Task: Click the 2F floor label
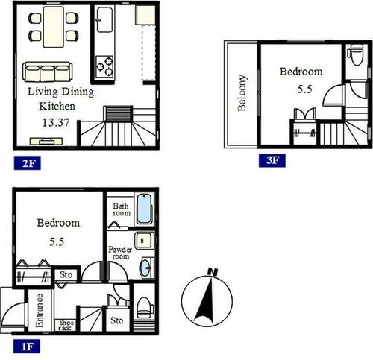coord(28,163)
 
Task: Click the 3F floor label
coord(272,160)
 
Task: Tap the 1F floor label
coord(27,347)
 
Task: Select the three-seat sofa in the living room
coord(48,72)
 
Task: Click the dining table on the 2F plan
coord(54,27)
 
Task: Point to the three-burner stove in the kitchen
coord(104,66)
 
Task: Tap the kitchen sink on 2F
coord(104,19)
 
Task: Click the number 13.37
coord(56,122)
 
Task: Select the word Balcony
coord(242,92)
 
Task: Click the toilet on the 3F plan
coord(357,54)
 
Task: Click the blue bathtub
coord(144,209)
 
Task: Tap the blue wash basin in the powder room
coord(146,268)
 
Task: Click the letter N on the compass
coord(213,272)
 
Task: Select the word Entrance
coord(40,311)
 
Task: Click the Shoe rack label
coord(66,325)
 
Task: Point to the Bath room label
coord(121,209)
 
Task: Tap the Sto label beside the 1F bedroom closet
coord(66,275)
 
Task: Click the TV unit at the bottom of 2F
coord(46,141)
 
